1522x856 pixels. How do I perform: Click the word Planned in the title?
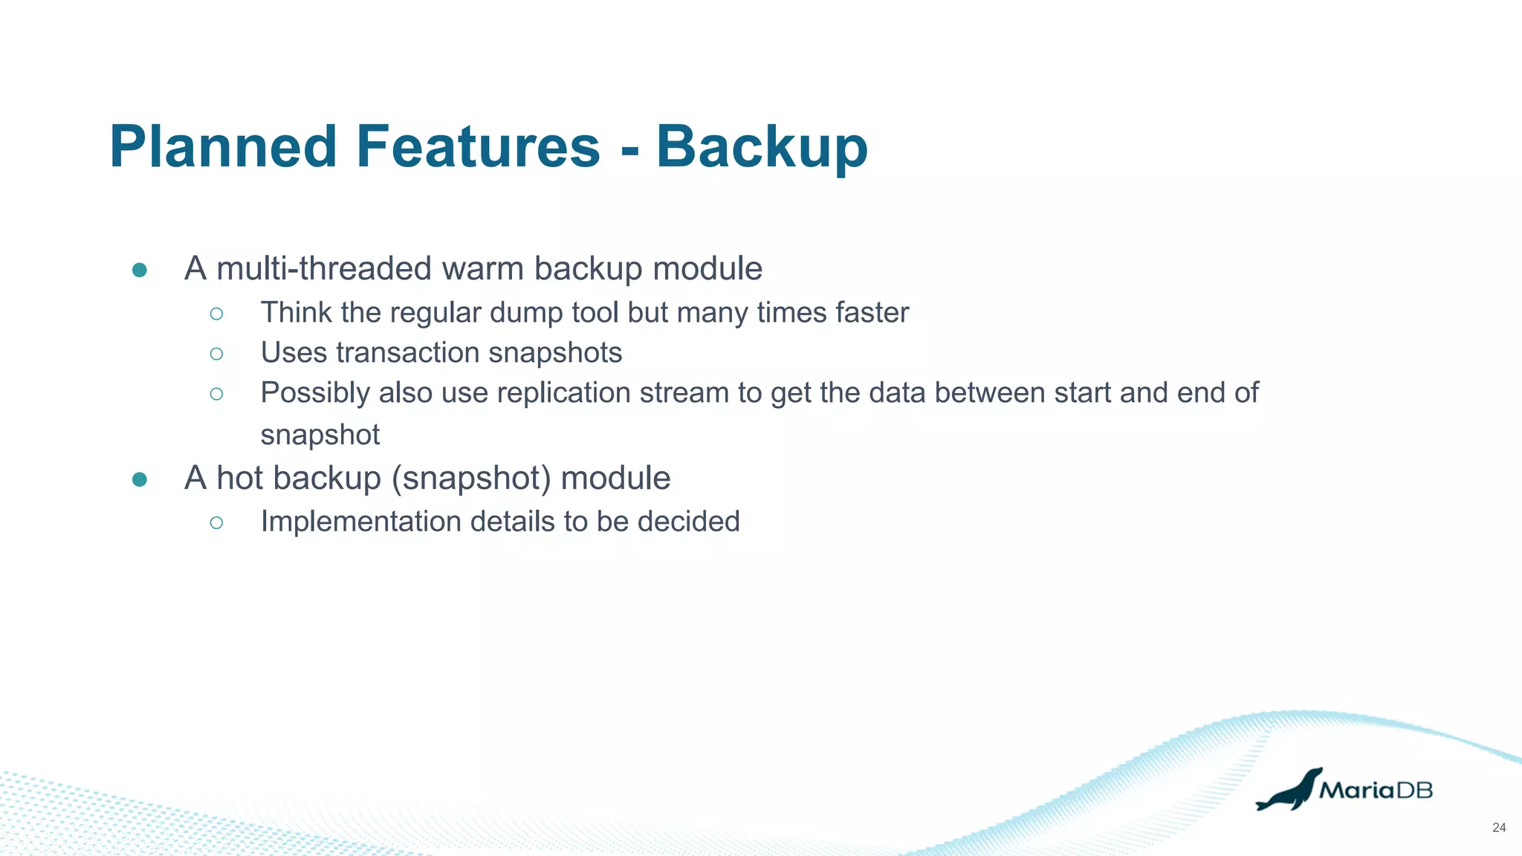click(x=224, y=146)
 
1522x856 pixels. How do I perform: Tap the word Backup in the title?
click(x=761, y=146)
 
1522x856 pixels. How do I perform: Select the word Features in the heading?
click(x=478, y=146)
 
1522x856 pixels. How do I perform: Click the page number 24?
click(x=1499, y=828)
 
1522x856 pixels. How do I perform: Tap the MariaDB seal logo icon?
click(x=1289, y=790)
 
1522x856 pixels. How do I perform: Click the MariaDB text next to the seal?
click(x=1376, y=791)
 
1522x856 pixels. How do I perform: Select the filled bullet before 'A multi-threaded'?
click(x=139, y=270)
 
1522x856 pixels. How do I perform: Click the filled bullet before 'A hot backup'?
click(x=139, y=479)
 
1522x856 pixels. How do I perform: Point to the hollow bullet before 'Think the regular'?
click(x=216, y=314)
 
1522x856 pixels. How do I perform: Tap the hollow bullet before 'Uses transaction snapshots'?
click(x=216, y=354)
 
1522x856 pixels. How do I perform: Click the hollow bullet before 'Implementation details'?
click(x=216, y=522)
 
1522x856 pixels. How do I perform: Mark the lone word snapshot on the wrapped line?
click(x=320, y=435)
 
